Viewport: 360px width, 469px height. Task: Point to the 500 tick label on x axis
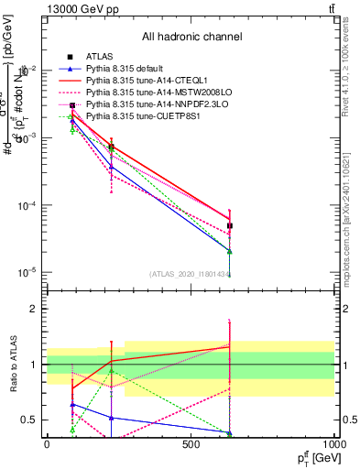point(191,445)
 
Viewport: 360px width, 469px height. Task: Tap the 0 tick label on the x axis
point(46,445)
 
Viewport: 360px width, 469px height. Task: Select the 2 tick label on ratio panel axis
point(32,310)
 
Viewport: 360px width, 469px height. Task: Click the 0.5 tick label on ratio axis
point(27,420)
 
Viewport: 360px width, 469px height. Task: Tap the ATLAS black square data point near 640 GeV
point(230,225)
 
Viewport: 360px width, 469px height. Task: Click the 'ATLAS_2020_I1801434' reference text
point(191,274)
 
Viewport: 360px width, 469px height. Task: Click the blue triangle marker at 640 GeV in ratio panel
point(230,432)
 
